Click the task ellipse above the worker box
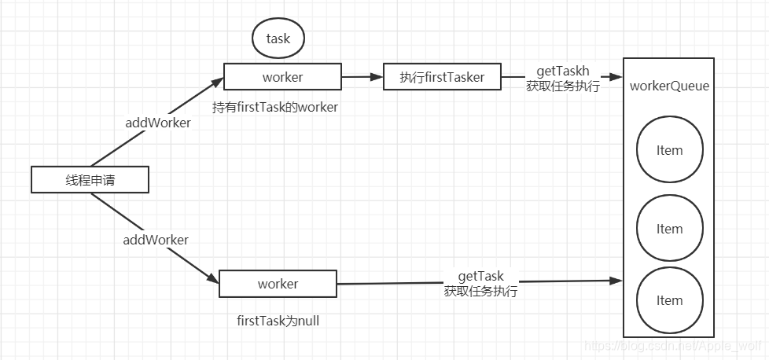tap(278, 39)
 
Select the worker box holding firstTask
tap(282, 76)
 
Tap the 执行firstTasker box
tap(442, 76)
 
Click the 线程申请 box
tap(90, 179)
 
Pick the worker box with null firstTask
tap(278, 284)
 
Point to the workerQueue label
tap(669, 86)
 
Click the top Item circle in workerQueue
tap(669, 149)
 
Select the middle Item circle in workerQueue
tap(669, 228)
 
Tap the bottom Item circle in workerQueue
tap(669, 300)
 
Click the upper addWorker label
tap(158, 123)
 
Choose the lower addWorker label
tap(156, 240)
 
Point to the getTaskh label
tap(562, 72)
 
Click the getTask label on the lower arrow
tap(481, 276)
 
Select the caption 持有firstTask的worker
tap(275, 107)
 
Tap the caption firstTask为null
tap(278, 321)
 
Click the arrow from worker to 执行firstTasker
tap(362, 76)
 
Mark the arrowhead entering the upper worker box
tap(217, 82)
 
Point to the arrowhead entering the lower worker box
tap(212, 278)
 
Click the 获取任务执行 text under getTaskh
tap(562, 86)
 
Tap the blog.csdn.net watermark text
tap(673, 345)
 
